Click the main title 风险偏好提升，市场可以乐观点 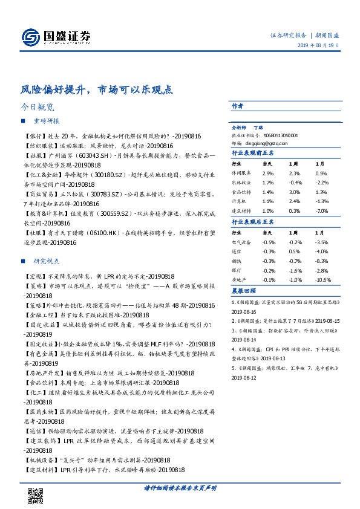[x=96, y=89]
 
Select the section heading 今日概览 [x=38, y=107]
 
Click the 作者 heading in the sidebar [x=238, y=106]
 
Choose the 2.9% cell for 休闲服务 [x=267, y=173]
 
